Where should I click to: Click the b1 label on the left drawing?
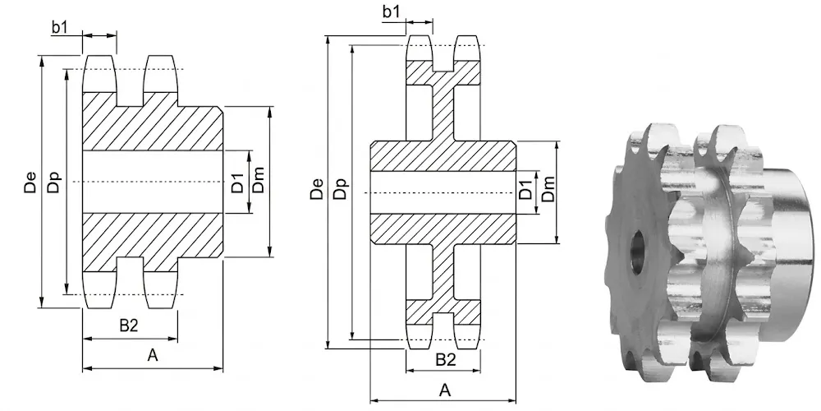[x=59, y=27]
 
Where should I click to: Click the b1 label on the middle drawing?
[x=391, y=12]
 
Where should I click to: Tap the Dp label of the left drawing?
[x=54, y=182]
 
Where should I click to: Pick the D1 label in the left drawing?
[x=238, y=181]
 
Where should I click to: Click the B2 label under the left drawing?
[x=128, y=326]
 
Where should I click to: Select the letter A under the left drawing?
[x=153, y=355]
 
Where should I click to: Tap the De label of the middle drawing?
[x=317, y=189]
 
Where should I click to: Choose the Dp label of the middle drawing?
[x=341, y=189]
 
